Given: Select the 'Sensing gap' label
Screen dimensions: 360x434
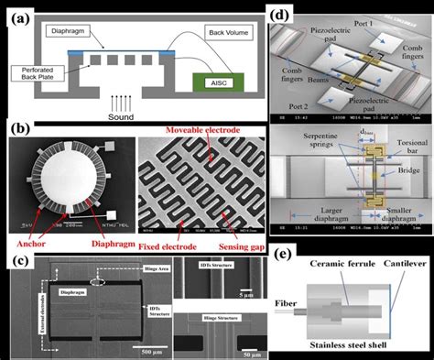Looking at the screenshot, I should coord(235,219).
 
